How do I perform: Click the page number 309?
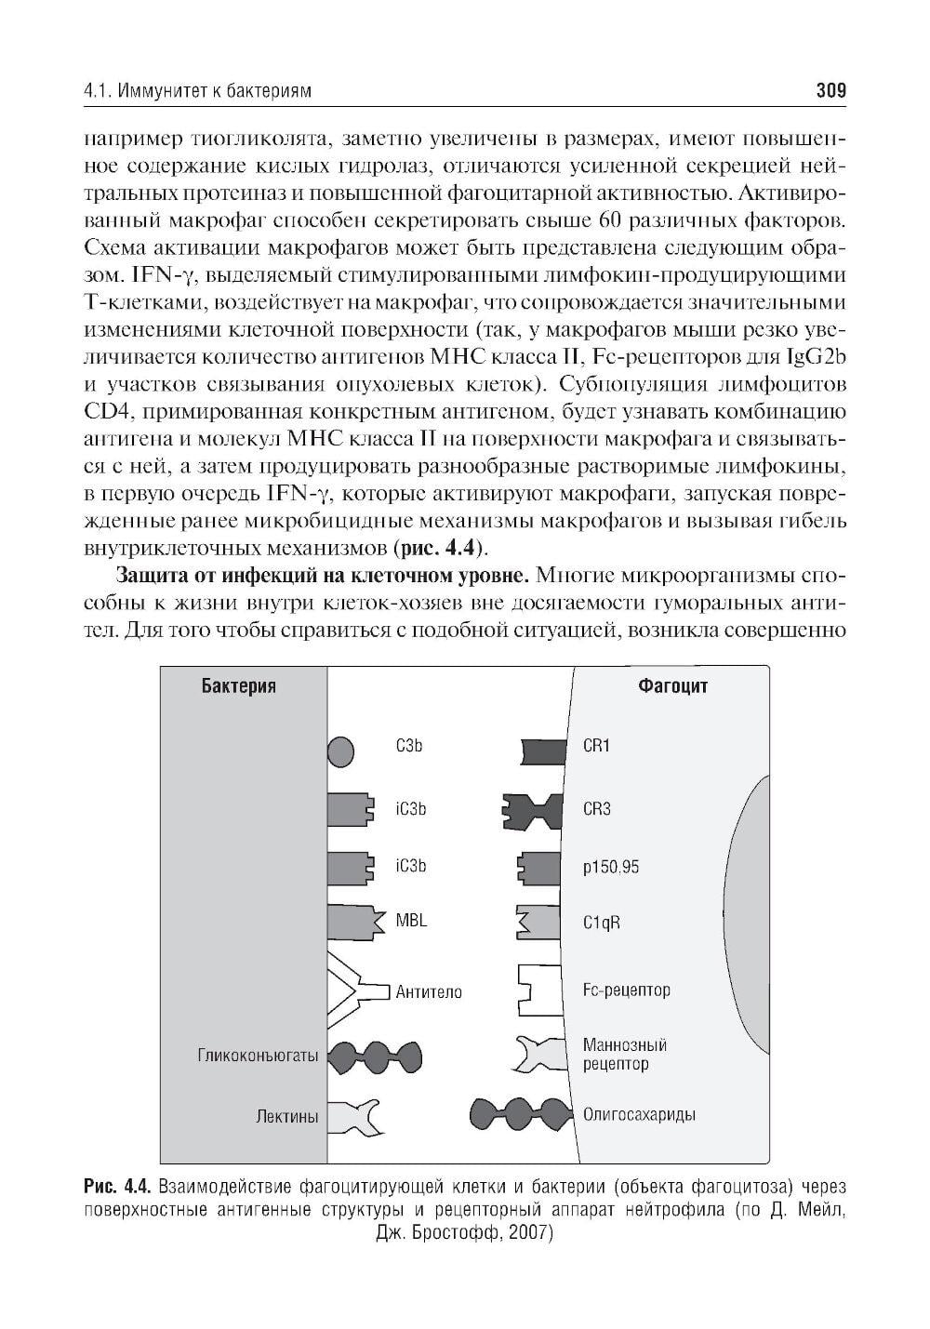pos(830,91)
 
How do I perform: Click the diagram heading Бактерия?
pos(238,686)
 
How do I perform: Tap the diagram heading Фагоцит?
pos(672,686)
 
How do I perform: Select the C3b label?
pos(409,746)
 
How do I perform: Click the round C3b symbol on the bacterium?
pos(341,750)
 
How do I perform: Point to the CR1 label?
pos(596,746)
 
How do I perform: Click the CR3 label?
pos(596,808)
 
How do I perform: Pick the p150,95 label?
pos(610,867)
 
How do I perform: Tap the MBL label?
pos(411,921)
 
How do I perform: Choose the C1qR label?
pos(601,923)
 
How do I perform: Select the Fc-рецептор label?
pos(626,990)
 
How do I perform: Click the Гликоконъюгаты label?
pos(258,1056)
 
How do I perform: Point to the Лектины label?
pos(286,1116)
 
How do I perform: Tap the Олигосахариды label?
pos(639,1114)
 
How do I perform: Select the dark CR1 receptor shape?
pos(544,751)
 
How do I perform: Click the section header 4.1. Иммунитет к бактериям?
pos(196,91)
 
